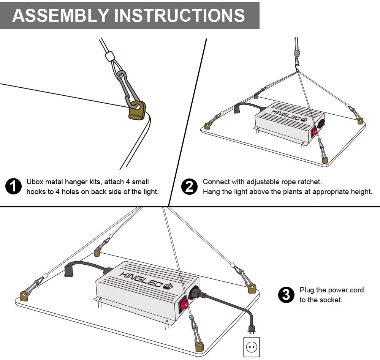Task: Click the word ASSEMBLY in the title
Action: pyautogui.click(x=60, y=16)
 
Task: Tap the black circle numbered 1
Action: pyautogui.click(x=14, y=187)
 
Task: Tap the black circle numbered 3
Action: pyautogui.click(x=286, y=295)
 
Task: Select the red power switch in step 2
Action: pyautogui.click(x=315, y=132)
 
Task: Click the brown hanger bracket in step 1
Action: pyautogui.click(x=138, y=110)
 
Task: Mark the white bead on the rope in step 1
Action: pyautogui.click(x=111, y=57)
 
